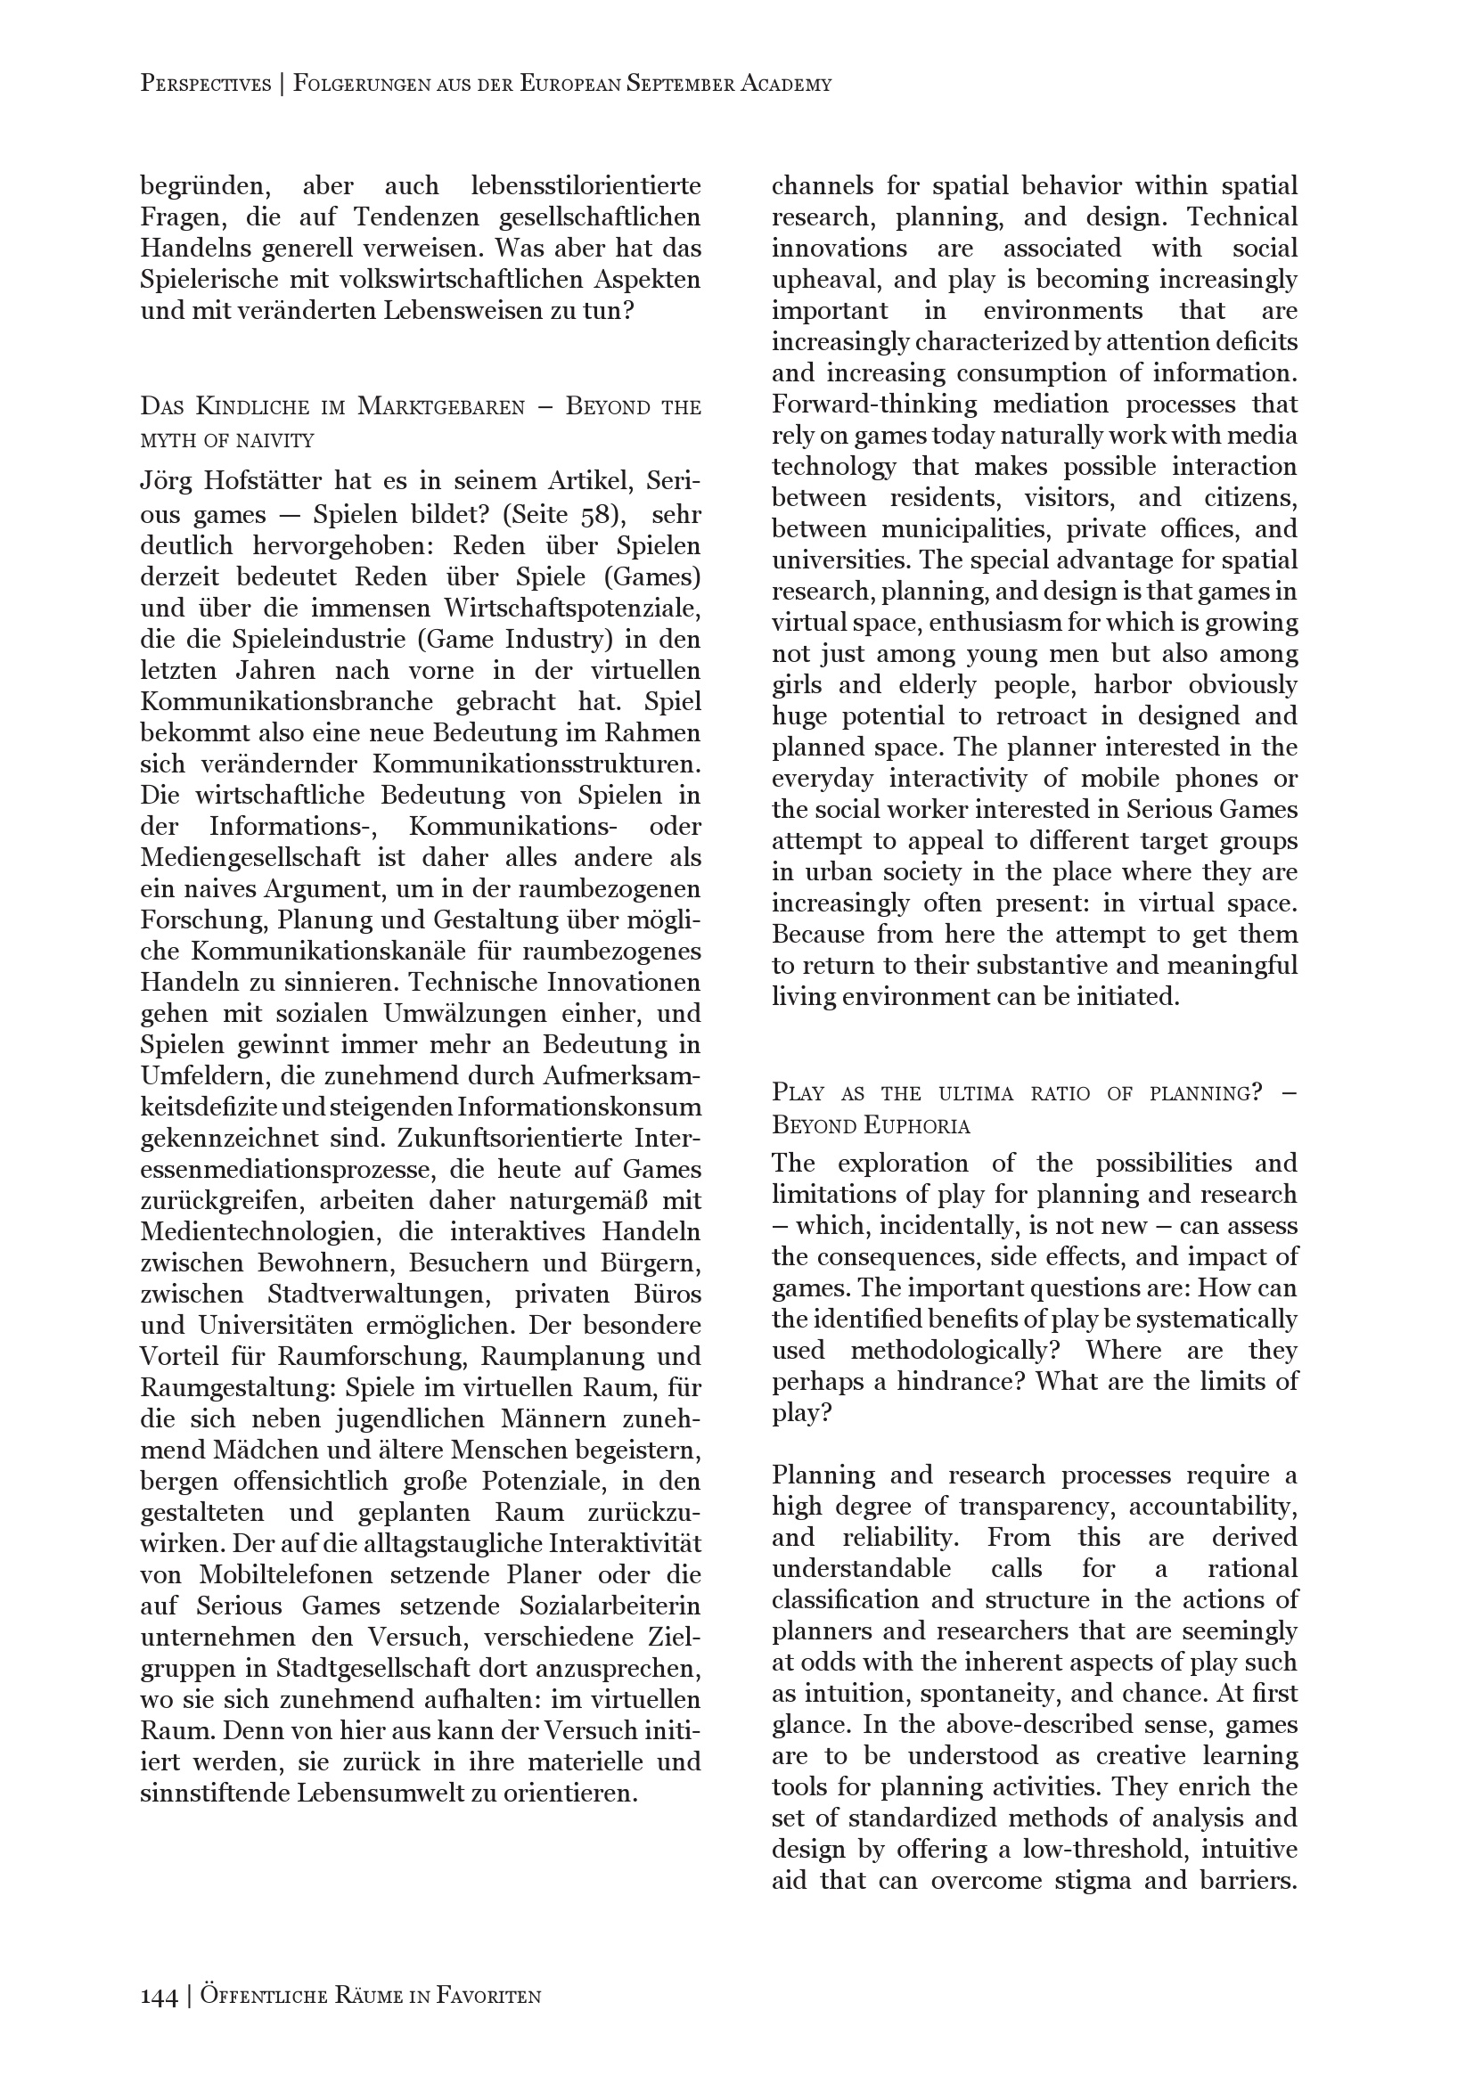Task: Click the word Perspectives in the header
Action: coord(206,85)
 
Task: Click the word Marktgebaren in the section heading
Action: coord(441,406)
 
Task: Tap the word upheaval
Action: coord(823,280)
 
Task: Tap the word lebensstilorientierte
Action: coord(586,187)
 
